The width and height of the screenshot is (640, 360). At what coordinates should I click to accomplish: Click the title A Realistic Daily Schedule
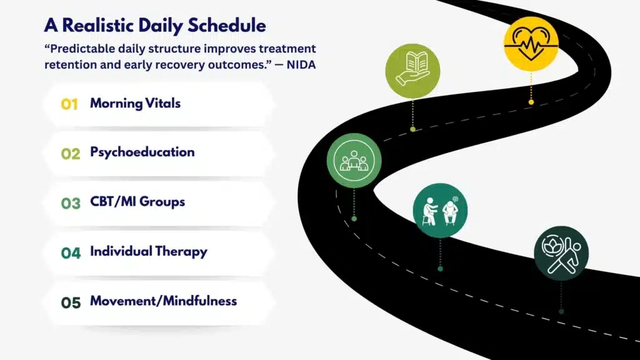pyautogui.click(x=155, y=26)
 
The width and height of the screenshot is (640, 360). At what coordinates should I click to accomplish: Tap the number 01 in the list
pyautogui.click(x=69, y=104)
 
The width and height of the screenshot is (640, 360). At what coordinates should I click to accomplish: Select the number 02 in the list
pyautogui.click(x=71, y=154)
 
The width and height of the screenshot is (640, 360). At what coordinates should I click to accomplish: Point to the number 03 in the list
pyautogui.click(x=71, y=204)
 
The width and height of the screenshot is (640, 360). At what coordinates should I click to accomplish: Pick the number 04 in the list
pyautogui.click(x=71, y=253)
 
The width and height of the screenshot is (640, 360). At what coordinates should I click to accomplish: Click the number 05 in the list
pyautogui.click(x=71, y=303)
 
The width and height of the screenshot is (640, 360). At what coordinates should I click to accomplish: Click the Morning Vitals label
pyautogui.click(x=135, y=103)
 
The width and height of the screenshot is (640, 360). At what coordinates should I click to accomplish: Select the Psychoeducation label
pyautogui.click(x=142, y=152)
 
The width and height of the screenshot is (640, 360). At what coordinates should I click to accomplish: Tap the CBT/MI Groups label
pyautogui.click(x=137, y=202)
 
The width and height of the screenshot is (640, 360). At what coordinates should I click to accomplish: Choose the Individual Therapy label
pyautogui.click(x=148, y=251)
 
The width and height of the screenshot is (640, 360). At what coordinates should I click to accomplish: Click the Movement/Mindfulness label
pyautogui.click(x=163, y=301)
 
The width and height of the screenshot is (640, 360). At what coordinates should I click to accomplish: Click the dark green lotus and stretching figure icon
pyautogui.click(x=561, y=253)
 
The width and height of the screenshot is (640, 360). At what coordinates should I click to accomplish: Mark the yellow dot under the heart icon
pyautogui.click(x=531, y=101)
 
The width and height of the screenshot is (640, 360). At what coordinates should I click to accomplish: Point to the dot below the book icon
pyautogui.click(x=412, y=129)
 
